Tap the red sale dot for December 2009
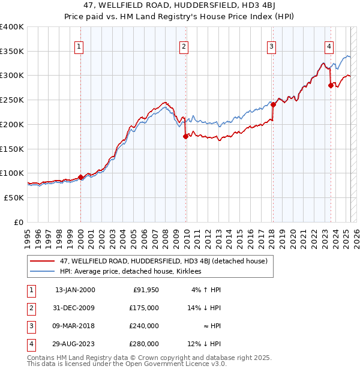click(185, 136)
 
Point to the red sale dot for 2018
click(272, 104)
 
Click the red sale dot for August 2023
click(331, 85)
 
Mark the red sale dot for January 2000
click(80, 177)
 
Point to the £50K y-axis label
click(13, 197)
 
